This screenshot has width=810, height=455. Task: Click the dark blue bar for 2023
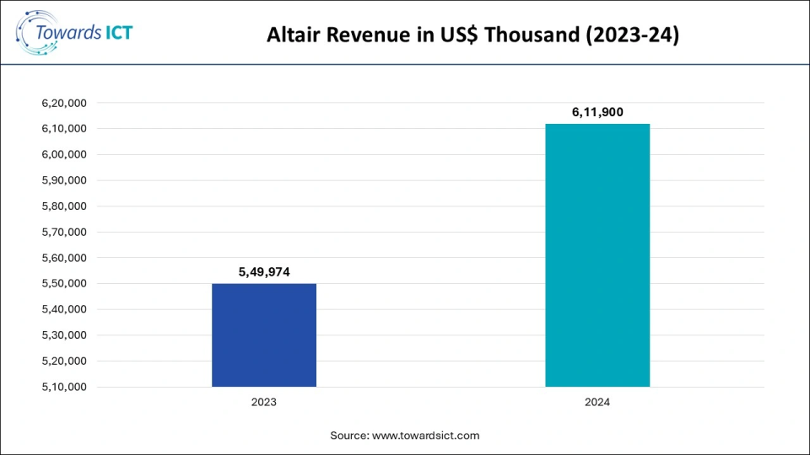point(263,335)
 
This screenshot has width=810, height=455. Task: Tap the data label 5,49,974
point(263,271)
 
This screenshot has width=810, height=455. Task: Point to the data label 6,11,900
point(597,111)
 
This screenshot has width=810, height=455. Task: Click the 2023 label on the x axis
point(263,402)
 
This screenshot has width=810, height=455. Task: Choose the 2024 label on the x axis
point(597,402)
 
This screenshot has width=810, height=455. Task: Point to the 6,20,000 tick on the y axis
point(64,103)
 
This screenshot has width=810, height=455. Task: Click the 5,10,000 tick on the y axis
point(64,387)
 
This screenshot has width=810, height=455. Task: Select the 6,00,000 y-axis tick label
point(64,154)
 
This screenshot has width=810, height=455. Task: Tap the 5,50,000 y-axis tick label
point(64,283)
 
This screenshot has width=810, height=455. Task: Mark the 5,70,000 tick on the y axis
point(64,232)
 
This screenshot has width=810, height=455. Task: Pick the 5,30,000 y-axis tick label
point(64,335)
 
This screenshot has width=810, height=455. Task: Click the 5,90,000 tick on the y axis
point(64,180)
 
